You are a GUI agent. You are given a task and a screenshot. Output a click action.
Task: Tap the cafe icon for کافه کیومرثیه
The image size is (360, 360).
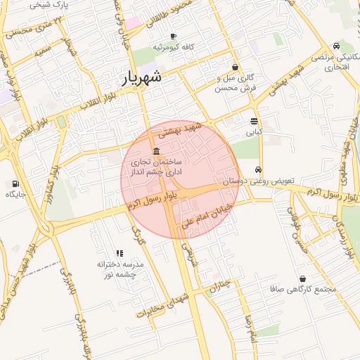point(174,37)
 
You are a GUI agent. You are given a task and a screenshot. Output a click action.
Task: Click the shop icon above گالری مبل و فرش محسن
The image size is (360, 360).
point(234,67)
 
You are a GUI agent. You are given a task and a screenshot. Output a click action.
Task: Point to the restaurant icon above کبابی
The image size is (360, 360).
point(254,121)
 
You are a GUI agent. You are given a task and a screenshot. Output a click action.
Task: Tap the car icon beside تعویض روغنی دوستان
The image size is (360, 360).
point(259,169)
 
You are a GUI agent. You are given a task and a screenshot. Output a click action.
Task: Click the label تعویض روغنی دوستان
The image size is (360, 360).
point(260,181)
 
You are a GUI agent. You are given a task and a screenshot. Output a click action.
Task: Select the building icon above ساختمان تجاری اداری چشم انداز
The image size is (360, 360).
point(155,153)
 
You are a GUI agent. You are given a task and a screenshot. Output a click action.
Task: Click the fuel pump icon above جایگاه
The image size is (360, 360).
point(15,184)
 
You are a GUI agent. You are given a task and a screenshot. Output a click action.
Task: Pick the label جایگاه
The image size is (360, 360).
point(15,195)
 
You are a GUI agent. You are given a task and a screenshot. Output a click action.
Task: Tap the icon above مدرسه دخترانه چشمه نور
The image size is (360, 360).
point(120,253)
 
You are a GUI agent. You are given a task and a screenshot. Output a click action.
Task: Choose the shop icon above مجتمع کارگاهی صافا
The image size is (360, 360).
point(302,278)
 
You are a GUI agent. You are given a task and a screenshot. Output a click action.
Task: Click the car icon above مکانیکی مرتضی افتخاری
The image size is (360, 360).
point(336,46)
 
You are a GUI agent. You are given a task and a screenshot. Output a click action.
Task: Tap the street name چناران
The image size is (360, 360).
point(220,285)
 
